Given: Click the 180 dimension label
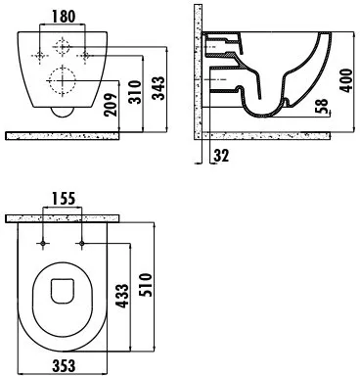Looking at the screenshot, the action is pyautogui.click(x=64, y=17).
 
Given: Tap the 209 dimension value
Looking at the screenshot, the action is pyautogui.click(x=111, y=105).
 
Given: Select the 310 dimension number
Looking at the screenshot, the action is pyautogui.click(x=135, y=92).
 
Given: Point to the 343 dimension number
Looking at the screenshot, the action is pyautogui.click(x=158, y=88).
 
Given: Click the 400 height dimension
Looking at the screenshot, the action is pyautogui.click(x=346, y=80).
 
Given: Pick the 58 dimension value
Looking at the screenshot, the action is pyautogui.click(x=322, y=106).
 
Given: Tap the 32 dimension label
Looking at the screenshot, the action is pyautogui.click(x=221, y=156).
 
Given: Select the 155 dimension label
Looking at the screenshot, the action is pyautogui.click(x=64, y=199).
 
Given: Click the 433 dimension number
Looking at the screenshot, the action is pyautogui.click(x=122, y=296).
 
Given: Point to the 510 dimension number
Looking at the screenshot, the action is pyautogui.click(x=146, y=285).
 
